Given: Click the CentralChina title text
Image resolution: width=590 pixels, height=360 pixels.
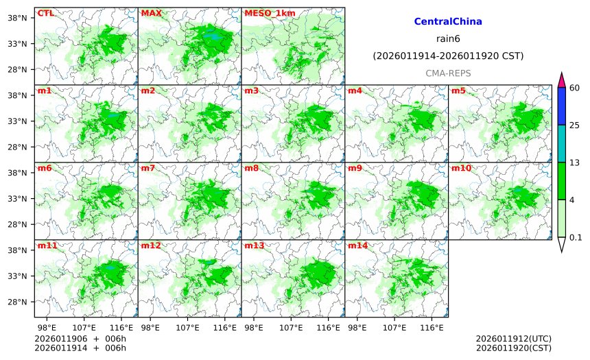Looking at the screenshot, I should coord(448,22).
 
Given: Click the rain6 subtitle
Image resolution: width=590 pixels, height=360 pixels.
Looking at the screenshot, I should coord(448,38).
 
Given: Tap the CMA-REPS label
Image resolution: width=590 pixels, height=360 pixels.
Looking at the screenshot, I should coord(448,73).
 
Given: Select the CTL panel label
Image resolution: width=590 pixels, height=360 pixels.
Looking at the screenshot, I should coord(45,13).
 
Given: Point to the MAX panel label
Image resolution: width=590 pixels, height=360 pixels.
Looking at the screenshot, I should coord(151,13).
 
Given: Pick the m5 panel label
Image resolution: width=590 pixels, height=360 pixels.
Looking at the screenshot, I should coord(458,91).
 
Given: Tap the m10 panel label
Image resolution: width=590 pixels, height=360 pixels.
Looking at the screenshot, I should coord(461,168).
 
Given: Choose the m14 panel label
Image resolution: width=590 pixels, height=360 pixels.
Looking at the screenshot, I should coord(357,245).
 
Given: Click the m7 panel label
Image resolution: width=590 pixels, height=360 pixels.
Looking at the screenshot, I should coord(148,168).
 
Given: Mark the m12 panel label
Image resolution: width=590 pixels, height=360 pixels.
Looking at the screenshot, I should coord(150,245).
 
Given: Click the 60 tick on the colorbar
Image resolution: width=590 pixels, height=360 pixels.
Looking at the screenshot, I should coord(575,87).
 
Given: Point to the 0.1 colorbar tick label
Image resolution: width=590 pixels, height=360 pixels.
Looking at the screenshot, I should coord(576,238).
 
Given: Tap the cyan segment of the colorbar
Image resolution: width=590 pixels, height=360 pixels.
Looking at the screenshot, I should coord(561,143).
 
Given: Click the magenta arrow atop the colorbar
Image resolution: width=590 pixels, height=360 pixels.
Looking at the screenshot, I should coord(561,79).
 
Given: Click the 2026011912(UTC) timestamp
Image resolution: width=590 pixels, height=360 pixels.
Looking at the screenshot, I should coord(513,339).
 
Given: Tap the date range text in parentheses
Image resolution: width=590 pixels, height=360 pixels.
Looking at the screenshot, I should coord(448,56).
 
